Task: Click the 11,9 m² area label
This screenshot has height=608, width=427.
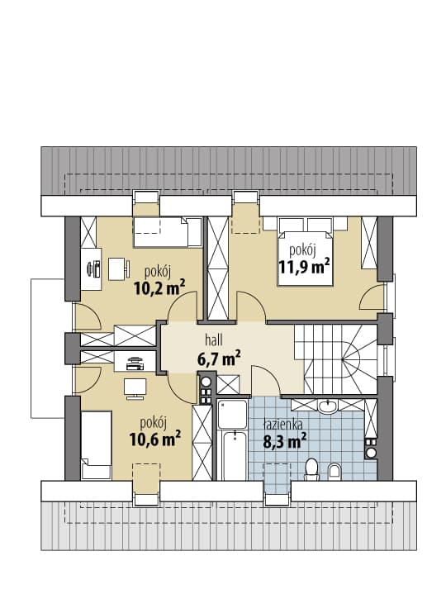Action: coord(305,267)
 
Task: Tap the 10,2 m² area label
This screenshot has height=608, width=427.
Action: coord(159,287)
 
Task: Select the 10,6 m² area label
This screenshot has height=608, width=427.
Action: coord(155,439)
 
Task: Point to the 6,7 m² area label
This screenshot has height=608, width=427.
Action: coord(219,359)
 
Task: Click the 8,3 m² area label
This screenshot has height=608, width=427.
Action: coord(285,440)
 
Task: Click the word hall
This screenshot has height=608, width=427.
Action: coord(214,340)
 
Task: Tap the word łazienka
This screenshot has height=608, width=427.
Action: coord(282,425)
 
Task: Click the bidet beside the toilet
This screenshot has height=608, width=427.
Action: coord(334,472)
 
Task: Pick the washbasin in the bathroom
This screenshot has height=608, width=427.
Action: coord(329,406)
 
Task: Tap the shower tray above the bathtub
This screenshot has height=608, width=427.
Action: coord(232,414)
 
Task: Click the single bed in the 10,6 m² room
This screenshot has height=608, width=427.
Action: coord(97,445)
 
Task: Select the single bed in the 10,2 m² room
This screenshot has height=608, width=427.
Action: coord(168,232)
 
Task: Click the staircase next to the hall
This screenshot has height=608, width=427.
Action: coord(336,359)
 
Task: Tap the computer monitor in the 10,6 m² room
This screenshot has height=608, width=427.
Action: coord(135,388)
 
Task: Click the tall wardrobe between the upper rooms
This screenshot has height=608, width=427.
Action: coord(218,268)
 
